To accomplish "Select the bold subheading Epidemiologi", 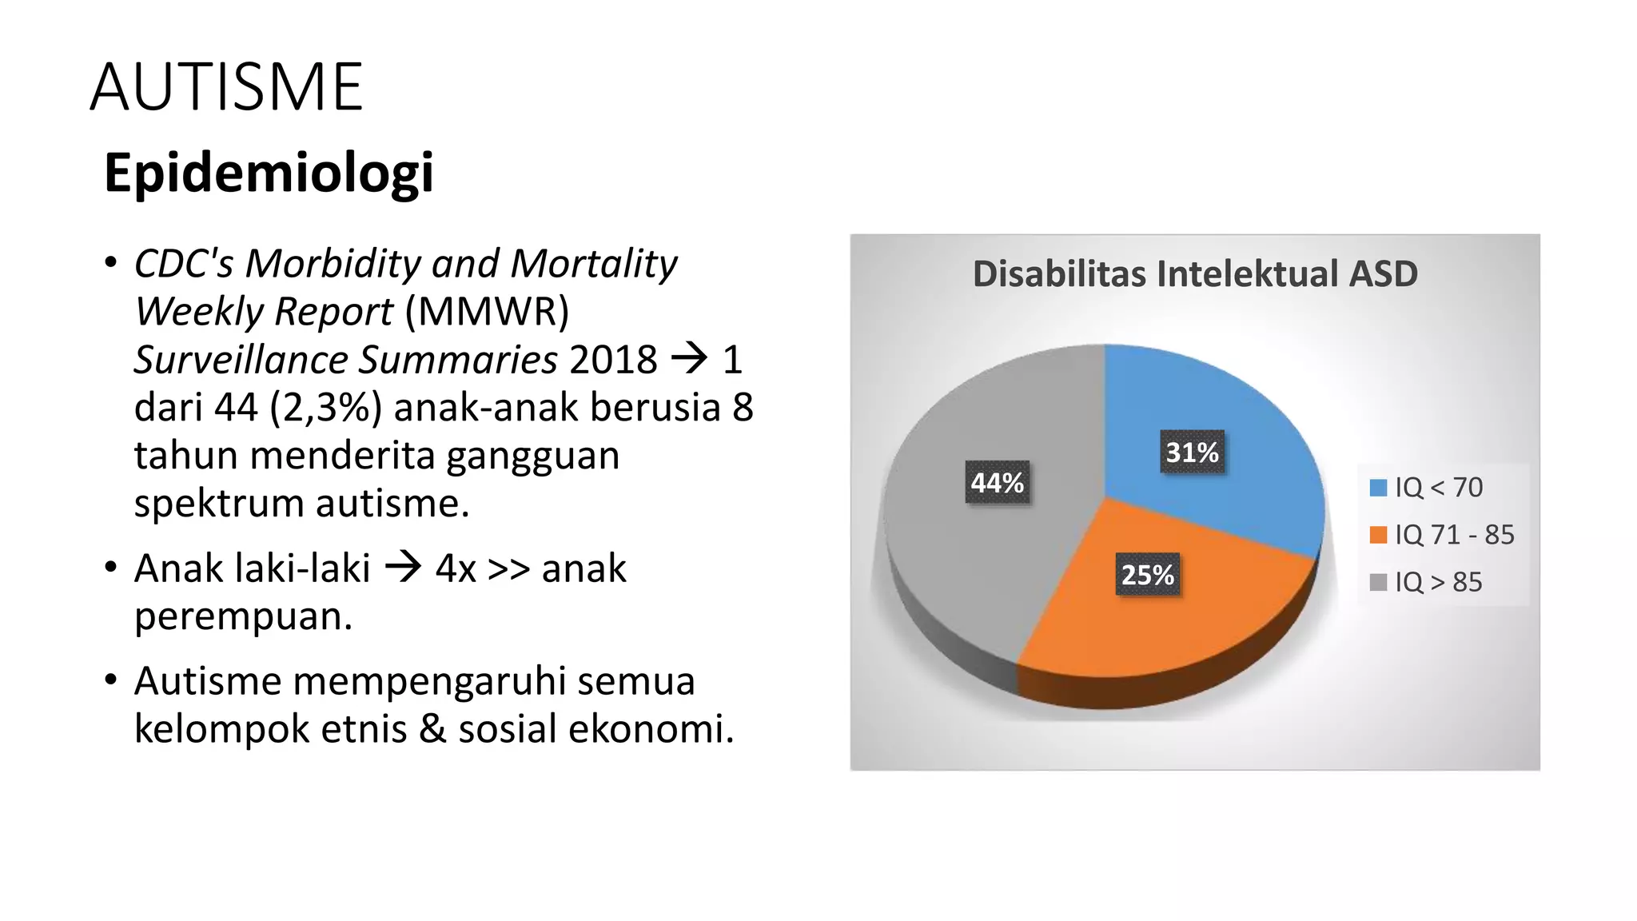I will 269,173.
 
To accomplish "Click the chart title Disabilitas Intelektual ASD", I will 1194,274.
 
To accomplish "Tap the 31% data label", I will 1191,453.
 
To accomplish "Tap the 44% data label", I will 997,483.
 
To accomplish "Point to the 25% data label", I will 1147,575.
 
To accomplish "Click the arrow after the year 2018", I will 689,358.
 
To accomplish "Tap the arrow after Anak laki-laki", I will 403,568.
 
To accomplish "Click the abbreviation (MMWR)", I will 487,311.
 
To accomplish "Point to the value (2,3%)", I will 325,407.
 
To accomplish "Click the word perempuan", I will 243,616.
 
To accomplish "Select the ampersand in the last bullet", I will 432,729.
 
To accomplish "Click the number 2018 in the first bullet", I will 613,360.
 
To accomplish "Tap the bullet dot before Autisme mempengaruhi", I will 111,680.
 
